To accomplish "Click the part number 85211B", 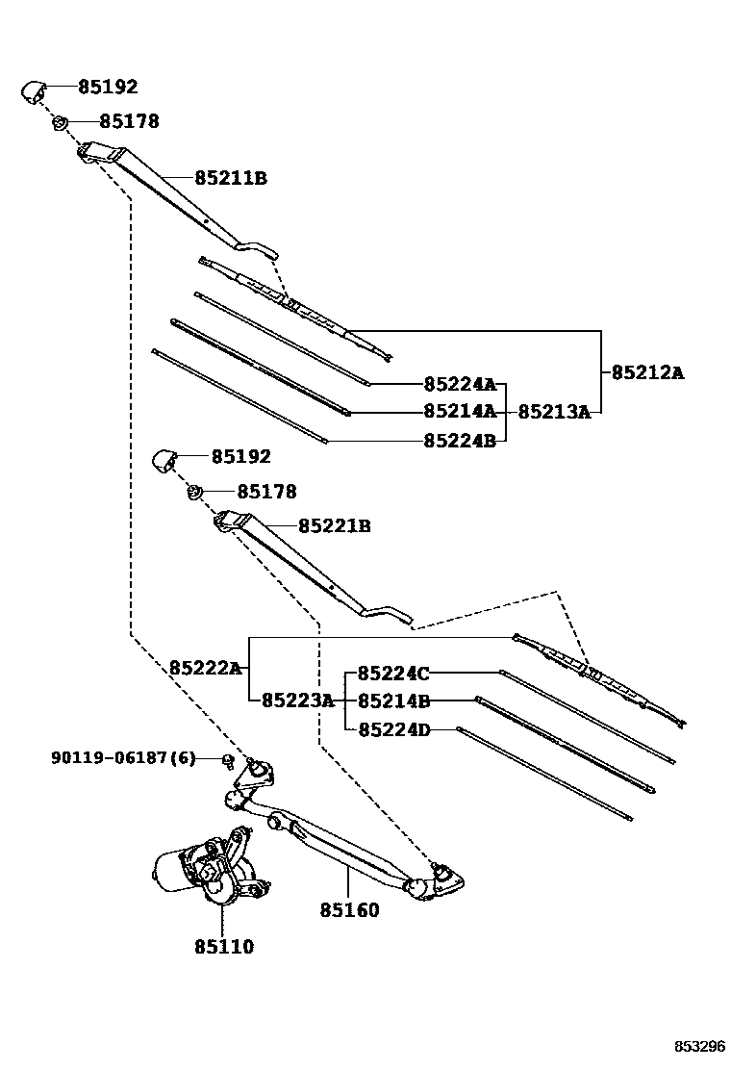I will tap(230, 178).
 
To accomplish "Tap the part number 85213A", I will tap(553, 412).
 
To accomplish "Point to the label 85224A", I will tap(459, 385).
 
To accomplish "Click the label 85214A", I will tap(459, 412).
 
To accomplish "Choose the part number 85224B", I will tap(459, 441).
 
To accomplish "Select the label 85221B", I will tap(334, 526).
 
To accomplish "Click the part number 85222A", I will tap(205, 668).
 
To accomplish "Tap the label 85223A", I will tap(297, 701).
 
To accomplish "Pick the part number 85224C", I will tap(393, 674).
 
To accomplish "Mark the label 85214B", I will tap(393, 701).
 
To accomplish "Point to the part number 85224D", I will tap(393, 730).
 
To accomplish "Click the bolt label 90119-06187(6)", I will tap(123, 758).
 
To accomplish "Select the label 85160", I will tap(349, 910).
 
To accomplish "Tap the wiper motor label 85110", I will tap(223, 947).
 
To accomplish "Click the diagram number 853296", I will tap(698, 1047).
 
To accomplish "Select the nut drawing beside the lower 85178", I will tap(194, 494).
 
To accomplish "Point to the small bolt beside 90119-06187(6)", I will tap(228, 760).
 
